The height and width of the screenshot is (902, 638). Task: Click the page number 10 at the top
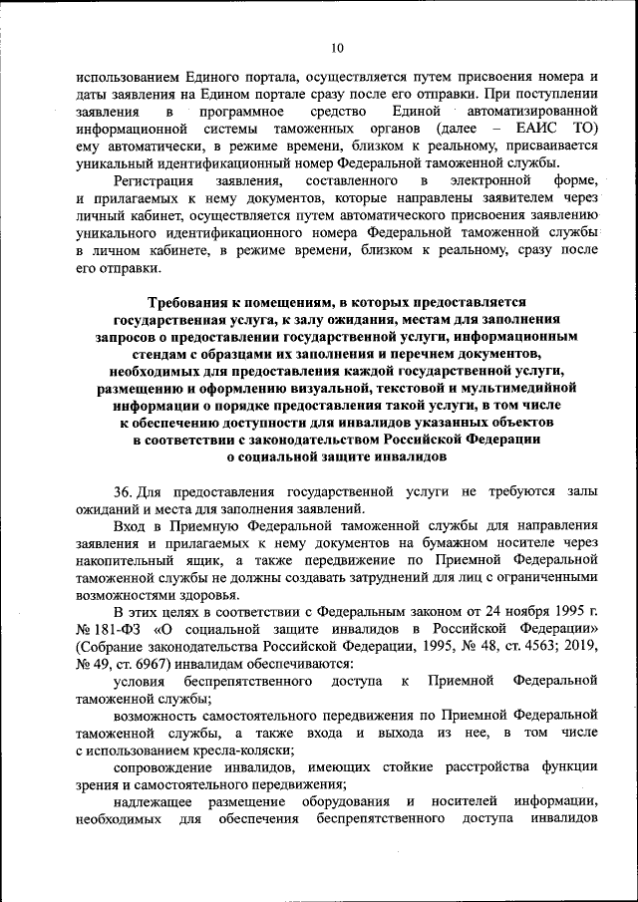(336, 47)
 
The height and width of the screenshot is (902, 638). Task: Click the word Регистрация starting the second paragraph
(153, 179)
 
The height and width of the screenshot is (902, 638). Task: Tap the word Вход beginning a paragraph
(130, 524)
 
